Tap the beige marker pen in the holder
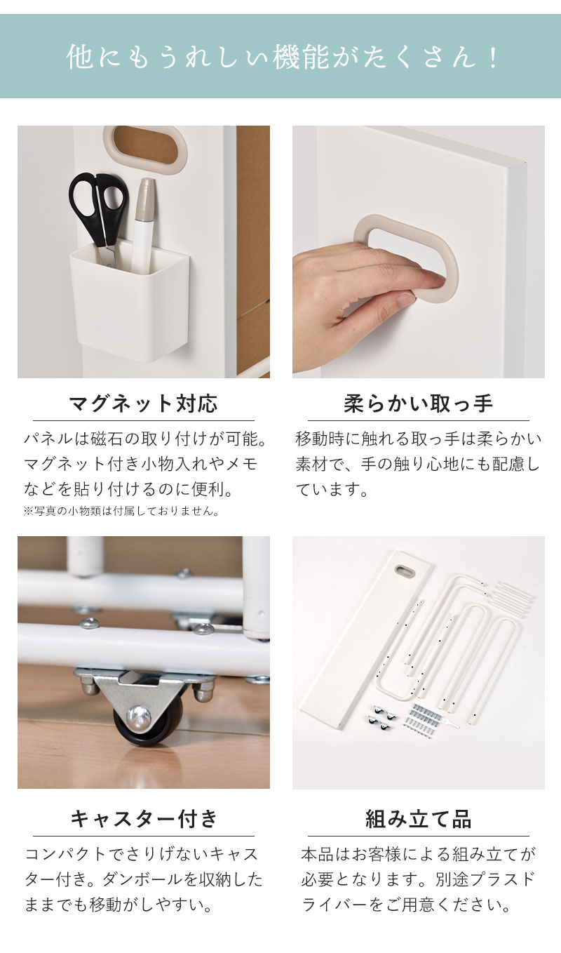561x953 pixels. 145,218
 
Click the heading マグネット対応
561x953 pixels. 144,404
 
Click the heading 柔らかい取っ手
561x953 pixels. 419,404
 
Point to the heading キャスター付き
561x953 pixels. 144,818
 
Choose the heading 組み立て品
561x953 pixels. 419,818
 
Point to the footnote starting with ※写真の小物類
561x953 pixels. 121,512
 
